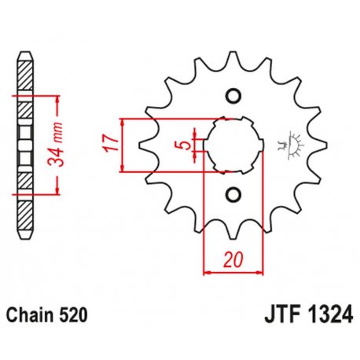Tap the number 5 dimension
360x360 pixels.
click(x=182, y=145)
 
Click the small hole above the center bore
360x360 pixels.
click(x=232, y=96)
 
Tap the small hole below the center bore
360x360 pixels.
click(x=232, y=193)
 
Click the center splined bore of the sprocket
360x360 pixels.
click(x=232, y=145)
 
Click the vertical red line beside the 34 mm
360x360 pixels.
click(x=58, y=145)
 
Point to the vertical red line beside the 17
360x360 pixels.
click(x=124, y=145)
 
